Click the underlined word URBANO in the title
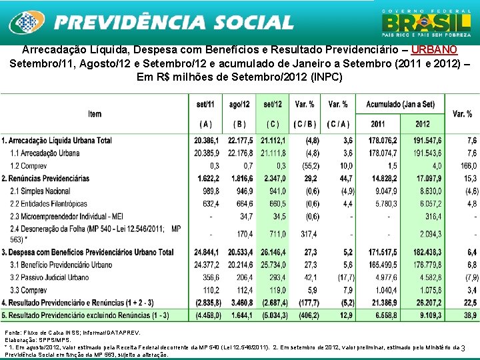(x=434, y=50)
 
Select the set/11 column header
(x=205, y=105)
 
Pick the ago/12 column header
(x=239, y=105)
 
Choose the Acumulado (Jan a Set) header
(x=400, y=105)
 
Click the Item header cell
(x=95, y=114)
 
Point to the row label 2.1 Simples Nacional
(x=42, y=191)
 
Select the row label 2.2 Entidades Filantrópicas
(x=53, y=203)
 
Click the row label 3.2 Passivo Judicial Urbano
(x=54, y=277)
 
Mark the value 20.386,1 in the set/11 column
(x=205, y=141)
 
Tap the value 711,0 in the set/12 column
(x=275, y=234)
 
